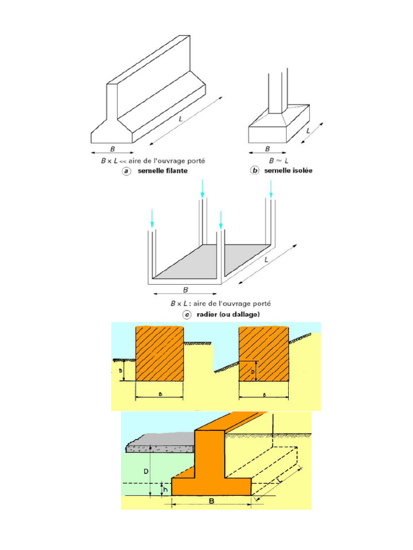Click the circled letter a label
click(x=126, y=171)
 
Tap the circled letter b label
click(x=254, y=171)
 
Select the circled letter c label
click(x=187, y=315)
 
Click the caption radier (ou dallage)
click(x=229, y=315)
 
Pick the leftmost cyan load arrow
click(x=152, y=218)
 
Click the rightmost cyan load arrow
click(x=271, y=188)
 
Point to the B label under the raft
click(x=185, y=290)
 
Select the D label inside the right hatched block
click(x=252, y=371)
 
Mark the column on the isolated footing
click(x=277, y=91)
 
